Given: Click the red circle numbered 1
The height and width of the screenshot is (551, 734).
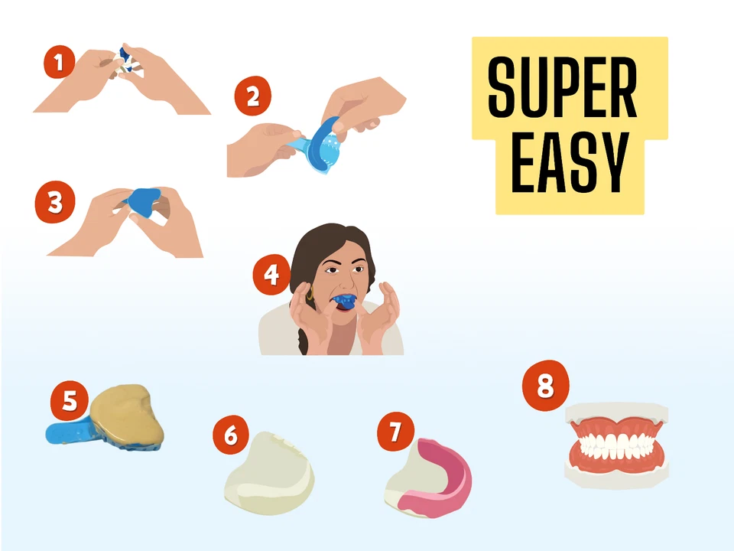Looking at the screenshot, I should pos(59,61).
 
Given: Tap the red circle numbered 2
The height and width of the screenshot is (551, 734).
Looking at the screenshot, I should pos(253,97).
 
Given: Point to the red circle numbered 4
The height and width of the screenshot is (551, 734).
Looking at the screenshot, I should pos(271,275).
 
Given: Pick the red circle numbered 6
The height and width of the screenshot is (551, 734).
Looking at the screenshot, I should pos(231,435).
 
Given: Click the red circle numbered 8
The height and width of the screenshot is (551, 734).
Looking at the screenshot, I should pos(545,386).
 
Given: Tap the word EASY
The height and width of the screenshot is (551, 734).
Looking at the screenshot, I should pos(570,163).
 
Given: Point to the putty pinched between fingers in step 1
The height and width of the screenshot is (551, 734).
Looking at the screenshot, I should pos(124,61).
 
